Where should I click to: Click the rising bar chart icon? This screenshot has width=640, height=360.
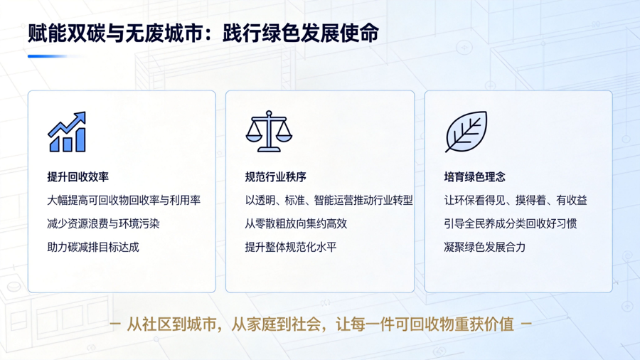67,132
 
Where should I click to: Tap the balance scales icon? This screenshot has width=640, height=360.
269,131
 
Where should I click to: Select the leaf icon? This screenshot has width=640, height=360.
466,132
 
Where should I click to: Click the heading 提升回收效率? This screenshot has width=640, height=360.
78,176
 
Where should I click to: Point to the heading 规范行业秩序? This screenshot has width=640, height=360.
275,176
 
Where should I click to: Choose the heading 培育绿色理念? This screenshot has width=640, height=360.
475,176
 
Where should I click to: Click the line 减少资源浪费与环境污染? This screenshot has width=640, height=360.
103,223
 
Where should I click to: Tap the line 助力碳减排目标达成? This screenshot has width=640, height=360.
93,247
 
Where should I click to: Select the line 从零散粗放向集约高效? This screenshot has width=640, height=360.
296,223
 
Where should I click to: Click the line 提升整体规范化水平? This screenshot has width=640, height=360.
291,247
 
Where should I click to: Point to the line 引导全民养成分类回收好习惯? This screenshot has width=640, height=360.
510,223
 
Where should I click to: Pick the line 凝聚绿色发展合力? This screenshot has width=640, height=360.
485,247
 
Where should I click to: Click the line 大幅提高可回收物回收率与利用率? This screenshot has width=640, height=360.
124,201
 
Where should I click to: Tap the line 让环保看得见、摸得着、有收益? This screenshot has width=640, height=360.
516,201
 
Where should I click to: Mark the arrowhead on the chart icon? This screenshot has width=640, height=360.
80,117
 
